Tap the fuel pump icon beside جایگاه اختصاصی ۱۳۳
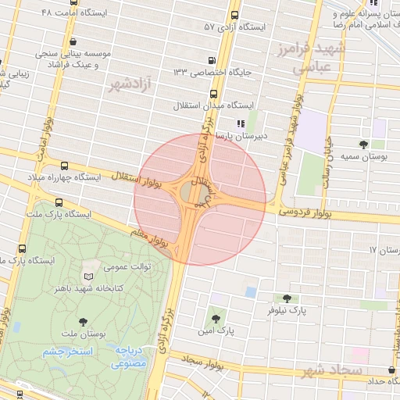[x=212, y=60]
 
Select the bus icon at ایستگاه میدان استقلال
[x=214, y=93]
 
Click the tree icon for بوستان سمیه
[x=364, y=144]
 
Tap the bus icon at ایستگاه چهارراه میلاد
[x=64, y=166]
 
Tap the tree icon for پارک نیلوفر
[x=287, y=298]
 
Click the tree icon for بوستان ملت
[x=84, y=321]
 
